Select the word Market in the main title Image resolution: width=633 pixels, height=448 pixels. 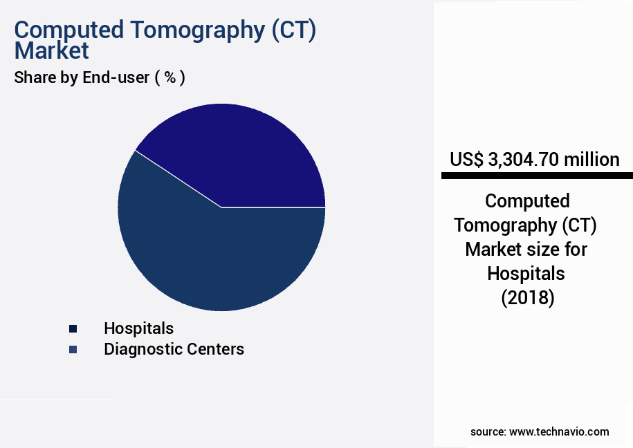52,50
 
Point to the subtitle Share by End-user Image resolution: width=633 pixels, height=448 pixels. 82,77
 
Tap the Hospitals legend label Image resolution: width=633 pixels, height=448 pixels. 138,328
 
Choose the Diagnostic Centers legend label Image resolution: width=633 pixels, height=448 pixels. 174,349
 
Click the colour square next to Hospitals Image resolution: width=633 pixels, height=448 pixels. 73,328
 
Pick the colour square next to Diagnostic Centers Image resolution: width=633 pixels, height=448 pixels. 73,350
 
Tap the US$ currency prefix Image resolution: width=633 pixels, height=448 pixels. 466,160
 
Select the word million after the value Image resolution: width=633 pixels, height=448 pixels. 591,160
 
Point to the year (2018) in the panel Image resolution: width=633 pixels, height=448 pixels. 526,298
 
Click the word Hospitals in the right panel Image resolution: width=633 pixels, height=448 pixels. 526,273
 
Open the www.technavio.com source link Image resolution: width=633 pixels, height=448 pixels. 559,431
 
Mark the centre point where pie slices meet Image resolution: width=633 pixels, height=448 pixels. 221,207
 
